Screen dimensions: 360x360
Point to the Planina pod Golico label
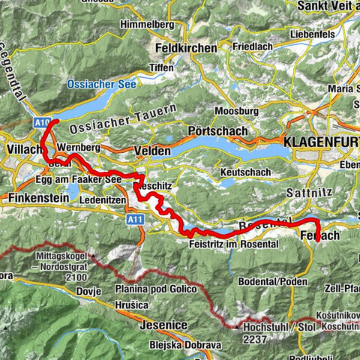(x=152, y=290)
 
